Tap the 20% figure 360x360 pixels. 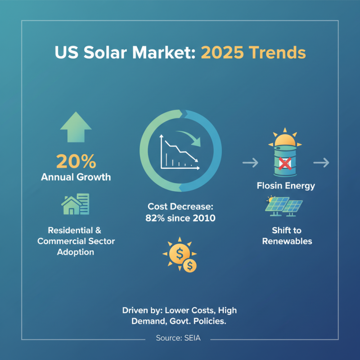pos(76,161)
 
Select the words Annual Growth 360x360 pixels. pos(76,177)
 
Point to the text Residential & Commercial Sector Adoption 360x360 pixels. pos(76,241)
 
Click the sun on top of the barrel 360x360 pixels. pos(285,139)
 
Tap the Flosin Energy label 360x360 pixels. pos(285,185)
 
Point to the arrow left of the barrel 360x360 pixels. pos(250,162)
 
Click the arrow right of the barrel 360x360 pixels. pos(321,162)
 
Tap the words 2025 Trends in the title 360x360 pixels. pos(253,53)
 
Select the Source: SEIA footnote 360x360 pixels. pos(180,337)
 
